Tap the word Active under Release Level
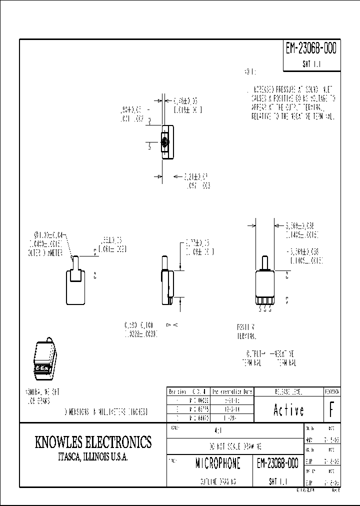[x=289, y=410]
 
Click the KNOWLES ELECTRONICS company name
[x=93, y=442]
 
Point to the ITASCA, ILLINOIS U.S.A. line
[x=93, y=457]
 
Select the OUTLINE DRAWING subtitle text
[x=210, y=481]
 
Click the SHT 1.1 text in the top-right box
[x=310, y=64]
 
